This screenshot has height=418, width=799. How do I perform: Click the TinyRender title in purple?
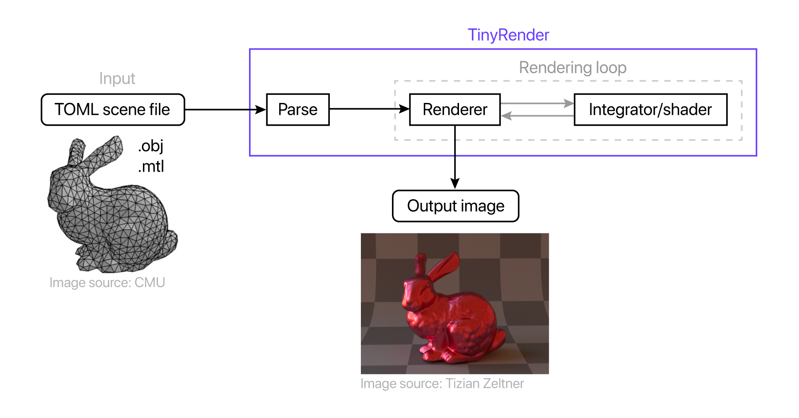coord(508,35)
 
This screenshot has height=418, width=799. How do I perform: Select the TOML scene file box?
coord(113,110)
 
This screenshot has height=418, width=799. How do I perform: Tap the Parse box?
coord(297,110)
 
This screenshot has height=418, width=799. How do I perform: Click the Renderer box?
coord(455,110)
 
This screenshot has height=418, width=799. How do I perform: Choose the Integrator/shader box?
coord(650,110)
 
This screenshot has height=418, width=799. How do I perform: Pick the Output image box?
coord(455,206)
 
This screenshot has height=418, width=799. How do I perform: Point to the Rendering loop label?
coord(573,68)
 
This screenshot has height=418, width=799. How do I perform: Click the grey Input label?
coord(117,79)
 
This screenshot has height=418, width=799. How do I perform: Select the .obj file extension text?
coord(151,146)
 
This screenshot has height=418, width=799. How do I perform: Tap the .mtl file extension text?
coord(151,166)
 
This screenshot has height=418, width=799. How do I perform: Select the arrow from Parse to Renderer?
coord(369,109)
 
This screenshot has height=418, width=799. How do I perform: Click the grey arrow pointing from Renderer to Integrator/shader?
coord(537,103)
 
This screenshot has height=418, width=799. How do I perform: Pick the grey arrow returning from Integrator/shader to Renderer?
coord(537,116)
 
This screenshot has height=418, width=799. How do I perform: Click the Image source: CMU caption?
coord(107,283)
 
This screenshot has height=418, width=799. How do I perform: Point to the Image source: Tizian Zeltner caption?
coord(442,383)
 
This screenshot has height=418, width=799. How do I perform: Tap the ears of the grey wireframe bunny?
coord(98,151)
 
